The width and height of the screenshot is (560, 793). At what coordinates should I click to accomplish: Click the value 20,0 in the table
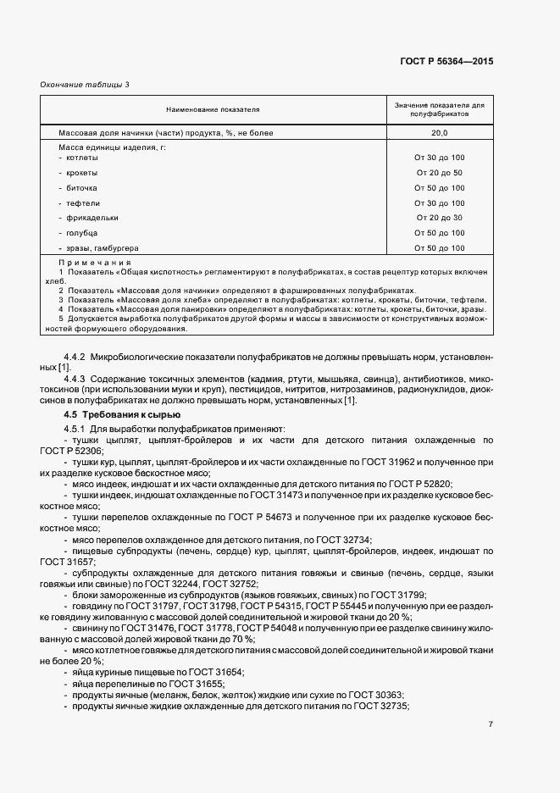[x=439, y=134]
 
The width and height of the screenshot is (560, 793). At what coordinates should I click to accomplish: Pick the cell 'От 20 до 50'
[x=439, y=173]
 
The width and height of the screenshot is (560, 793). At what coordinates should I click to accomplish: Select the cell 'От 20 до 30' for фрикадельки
[x=439, y=218]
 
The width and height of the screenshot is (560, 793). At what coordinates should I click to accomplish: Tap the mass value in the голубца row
[x=439, y=233]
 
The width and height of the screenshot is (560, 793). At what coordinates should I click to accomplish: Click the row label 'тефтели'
[x=81, y=203]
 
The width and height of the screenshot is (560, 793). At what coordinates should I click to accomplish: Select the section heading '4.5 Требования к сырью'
[x=122, y=414]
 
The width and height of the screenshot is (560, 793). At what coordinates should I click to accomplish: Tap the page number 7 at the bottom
[x=491, y=724]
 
